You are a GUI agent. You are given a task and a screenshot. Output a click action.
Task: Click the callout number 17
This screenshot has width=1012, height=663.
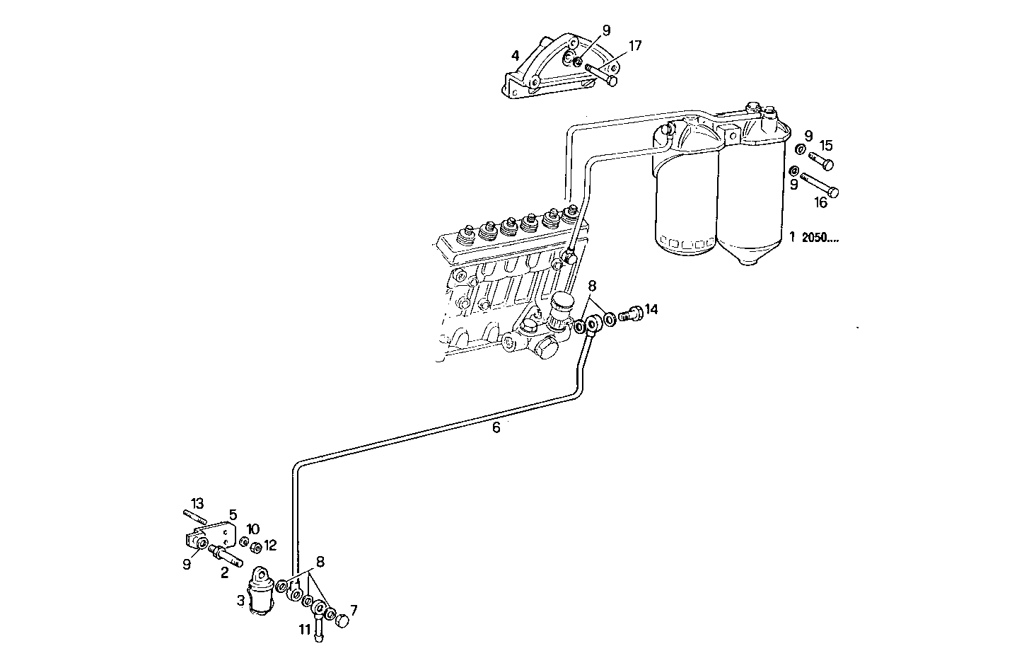(x=634, y=46)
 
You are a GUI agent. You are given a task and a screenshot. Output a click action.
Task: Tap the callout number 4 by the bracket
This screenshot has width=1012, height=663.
(x=516, y=54)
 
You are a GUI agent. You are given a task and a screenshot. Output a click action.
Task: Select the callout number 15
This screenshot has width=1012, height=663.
(x=826, y=146)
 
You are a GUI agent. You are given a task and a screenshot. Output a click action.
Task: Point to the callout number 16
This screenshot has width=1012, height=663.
(x=820, y=203)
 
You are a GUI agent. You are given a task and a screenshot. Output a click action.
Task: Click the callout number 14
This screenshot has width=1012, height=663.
(x=651, y=309)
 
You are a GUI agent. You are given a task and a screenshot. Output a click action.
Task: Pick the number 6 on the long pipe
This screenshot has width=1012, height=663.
(x=496, y=427)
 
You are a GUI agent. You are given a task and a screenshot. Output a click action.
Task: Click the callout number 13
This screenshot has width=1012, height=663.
(x=197, y=503)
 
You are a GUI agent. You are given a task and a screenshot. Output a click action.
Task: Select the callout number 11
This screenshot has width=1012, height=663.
(x=304, y=628)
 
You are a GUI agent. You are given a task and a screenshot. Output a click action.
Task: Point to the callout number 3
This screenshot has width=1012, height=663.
(x=241, y=601)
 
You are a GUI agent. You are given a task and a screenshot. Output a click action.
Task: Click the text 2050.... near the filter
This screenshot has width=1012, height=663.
(x=820, y=238)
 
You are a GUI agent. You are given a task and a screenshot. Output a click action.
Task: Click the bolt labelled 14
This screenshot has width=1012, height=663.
(x=631, y=313)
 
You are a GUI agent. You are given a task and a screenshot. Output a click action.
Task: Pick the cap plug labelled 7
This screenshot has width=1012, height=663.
(x=342, y=622)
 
